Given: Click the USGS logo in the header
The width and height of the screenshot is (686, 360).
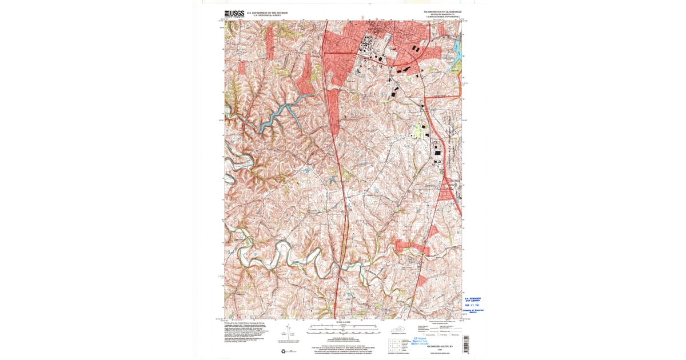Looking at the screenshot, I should click(x=234, y=14).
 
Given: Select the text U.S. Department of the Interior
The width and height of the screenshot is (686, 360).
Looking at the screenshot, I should click(x=267, y=12).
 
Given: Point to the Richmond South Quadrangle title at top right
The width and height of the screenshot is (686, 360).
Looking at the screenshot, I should click(x=441, y=11).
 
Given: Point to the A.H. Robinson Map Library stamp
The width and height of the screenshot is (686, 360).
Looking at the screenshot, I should click(x=472, y=299).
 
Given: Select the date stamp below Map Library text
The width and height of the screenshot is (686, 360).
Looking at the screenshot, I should click(x=472, y=305).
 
